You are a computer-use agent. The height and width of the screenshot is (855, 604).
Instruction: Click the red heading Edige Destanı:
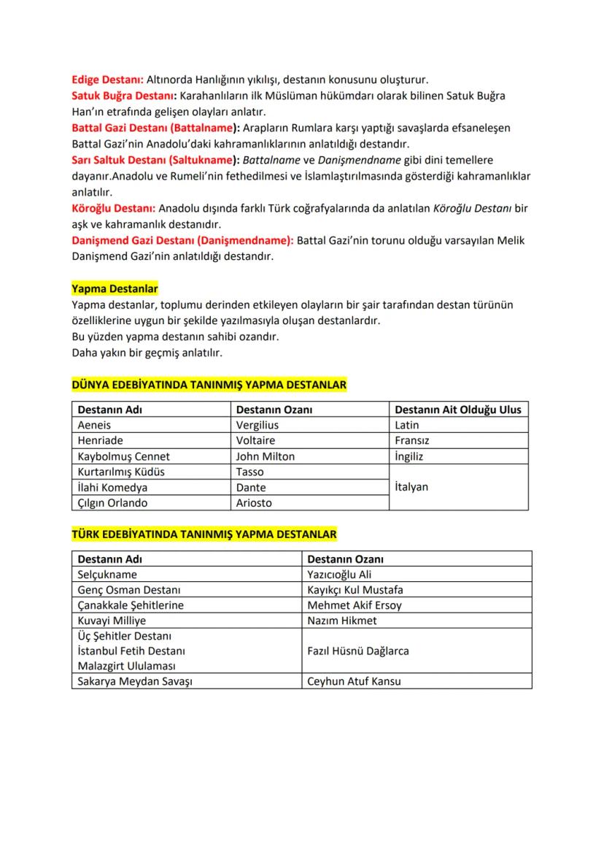pyautogui.click(x=107, y=80)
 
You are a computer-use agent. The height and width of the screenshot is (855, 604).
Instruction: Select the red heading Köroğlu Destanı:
pyautogui.click(x=113, y=208)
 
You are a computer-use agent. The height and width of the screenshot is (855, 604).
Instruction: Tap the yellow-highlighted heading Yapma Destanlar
pyautogui.click(x=115, y=289)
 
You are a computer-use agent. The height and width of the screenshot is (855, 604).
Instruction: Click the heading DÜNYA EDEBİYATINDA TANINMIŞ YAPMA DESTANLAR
pyautogui.click(x=209, y=384)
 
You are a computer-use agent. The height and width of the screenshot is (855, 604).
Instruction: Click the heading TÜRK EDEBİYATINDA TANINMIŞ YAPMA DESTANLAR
pyautogui.click(x=204, y=534)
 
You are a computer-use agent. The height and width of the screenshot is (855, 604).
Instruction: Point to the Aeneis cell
pyautogui.click(x=95, y=425)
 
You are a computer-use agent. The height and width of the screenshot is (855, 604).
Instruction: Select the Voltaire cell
pyautogui.click(x=256, y=441)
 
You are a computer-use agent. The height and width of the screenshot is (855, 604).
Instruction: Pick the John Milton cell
pyautogui.click(x=266, y=456)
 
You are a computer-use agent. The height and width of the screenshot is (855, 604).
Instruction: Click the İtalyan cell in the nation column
pyautogui.click(x=411, y=487)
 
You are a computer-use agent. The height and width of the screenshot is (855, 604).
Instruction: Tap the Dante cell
pyautogui.click(x=252, y=487)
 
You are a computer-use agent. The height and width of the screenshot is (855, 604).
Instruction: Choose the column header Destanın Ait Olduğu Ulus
pyautogui.click(x=458, y=410)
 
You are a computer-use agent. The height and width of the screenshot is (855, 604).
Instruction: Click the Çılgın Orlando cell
pyautogui.click(x=112, y=503)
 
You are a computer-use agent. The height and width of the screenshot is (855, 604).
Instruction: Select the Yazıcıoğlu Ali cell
pyautogui.click(x=340, y=575)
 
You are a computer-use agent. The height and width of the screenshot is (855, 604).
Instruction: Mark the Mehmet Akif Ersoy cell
pyautogui.click(x=355, y=605)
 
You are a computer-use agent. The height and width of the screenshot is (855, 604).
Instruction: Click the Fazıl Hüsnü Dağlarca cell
pyautogui.click(x=358, y=651)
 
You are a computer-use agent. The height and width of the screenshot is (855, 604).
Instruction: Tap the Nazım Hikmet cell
pyautogui.click(x=342, y=621)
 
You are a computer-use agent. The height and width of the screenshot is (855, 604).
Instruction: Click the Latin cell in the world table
pyautogui.click(x=407, y=425)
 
